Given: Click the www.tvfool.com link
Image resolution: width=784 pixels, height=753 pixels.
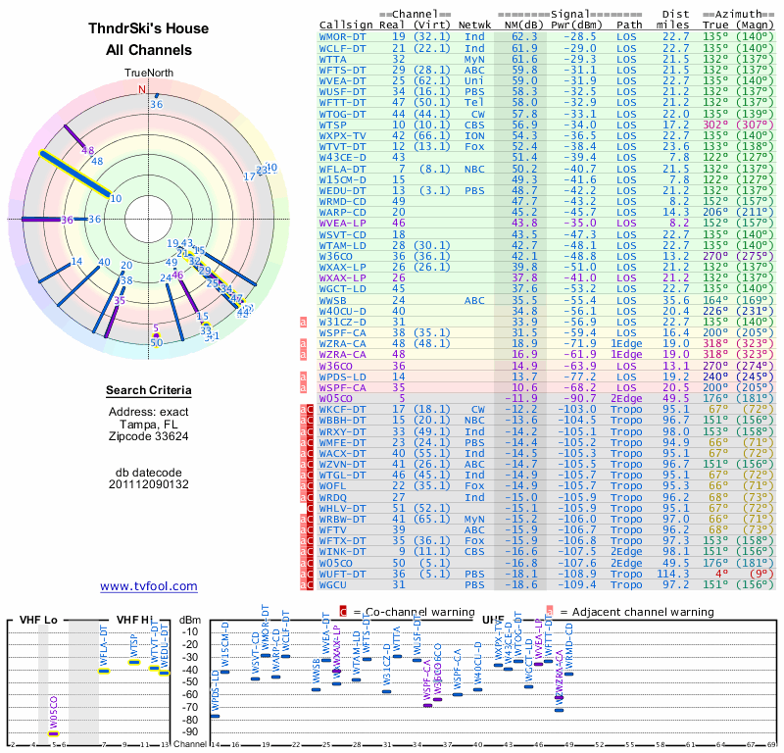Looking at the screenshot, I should [x=149, y=586].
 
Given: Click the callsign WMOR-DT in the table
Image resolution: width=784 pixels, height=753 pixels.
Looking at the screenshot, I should [x=343, y=36].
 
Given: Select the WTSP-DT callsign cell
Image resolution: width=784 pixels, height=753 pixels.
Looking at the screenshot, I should [x=334, y=125].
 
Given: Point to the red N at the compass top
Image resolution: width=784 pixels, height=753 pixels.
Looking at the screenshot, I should [x=141, y=89].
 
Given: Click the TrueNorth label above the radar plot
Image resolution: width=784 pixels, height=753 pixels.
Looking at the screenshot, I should [x=148, y=74].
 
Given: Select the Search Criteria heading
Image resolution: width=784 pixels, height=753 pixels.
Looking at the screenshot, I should [x=149, y=391].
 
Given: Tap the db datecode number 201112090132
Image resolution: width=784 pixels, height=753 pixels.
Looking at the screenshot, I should [x=149, y=484].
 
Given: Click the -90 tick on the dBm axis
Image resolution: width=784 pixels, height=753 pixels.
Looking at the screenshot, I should [x=189, y=731].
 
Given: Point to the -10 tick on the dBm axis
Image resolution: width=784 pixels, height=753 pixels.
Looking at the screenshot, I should [x=189, y=631].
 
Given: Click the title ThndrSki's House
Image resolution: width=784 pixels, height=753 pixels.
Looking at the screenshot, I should [x=149, y=29].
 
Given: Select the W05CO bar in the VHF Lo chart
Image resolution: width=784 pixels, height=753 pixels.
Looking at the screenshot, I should [x=54, y=732].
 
